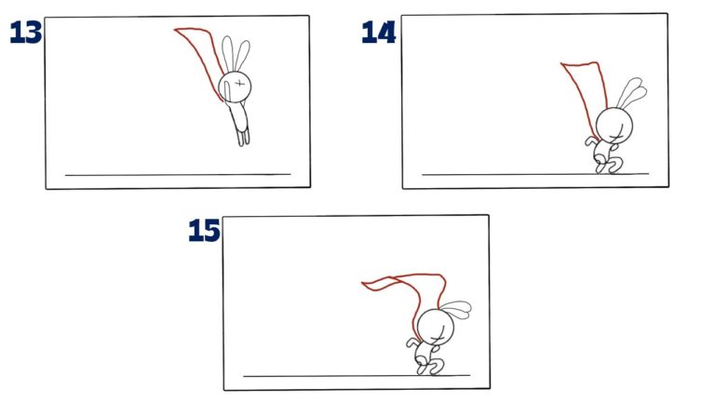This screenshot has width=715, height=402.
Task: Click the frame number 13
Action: pos(24,33)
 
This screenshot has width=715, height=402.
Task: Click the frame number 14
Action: pos(379,33)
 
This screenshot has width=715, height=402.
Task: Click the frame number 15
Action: pos(204,231)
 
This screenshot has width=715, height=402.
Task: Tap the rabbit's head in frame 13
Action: pos(234,87)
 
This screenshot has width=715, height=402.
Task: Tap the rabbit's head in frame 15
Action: pos(433,327)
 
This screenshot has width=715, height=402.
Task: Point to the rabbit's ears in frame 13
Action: pos(236,54)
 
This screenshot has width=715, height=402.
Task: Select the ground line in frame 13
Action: pos(177,174)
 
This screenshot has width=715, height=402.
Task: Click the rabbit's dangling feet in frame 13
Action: pos(242,138)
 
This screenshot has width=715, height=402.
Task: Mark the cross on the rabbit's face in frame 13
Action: pos(240,86)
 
